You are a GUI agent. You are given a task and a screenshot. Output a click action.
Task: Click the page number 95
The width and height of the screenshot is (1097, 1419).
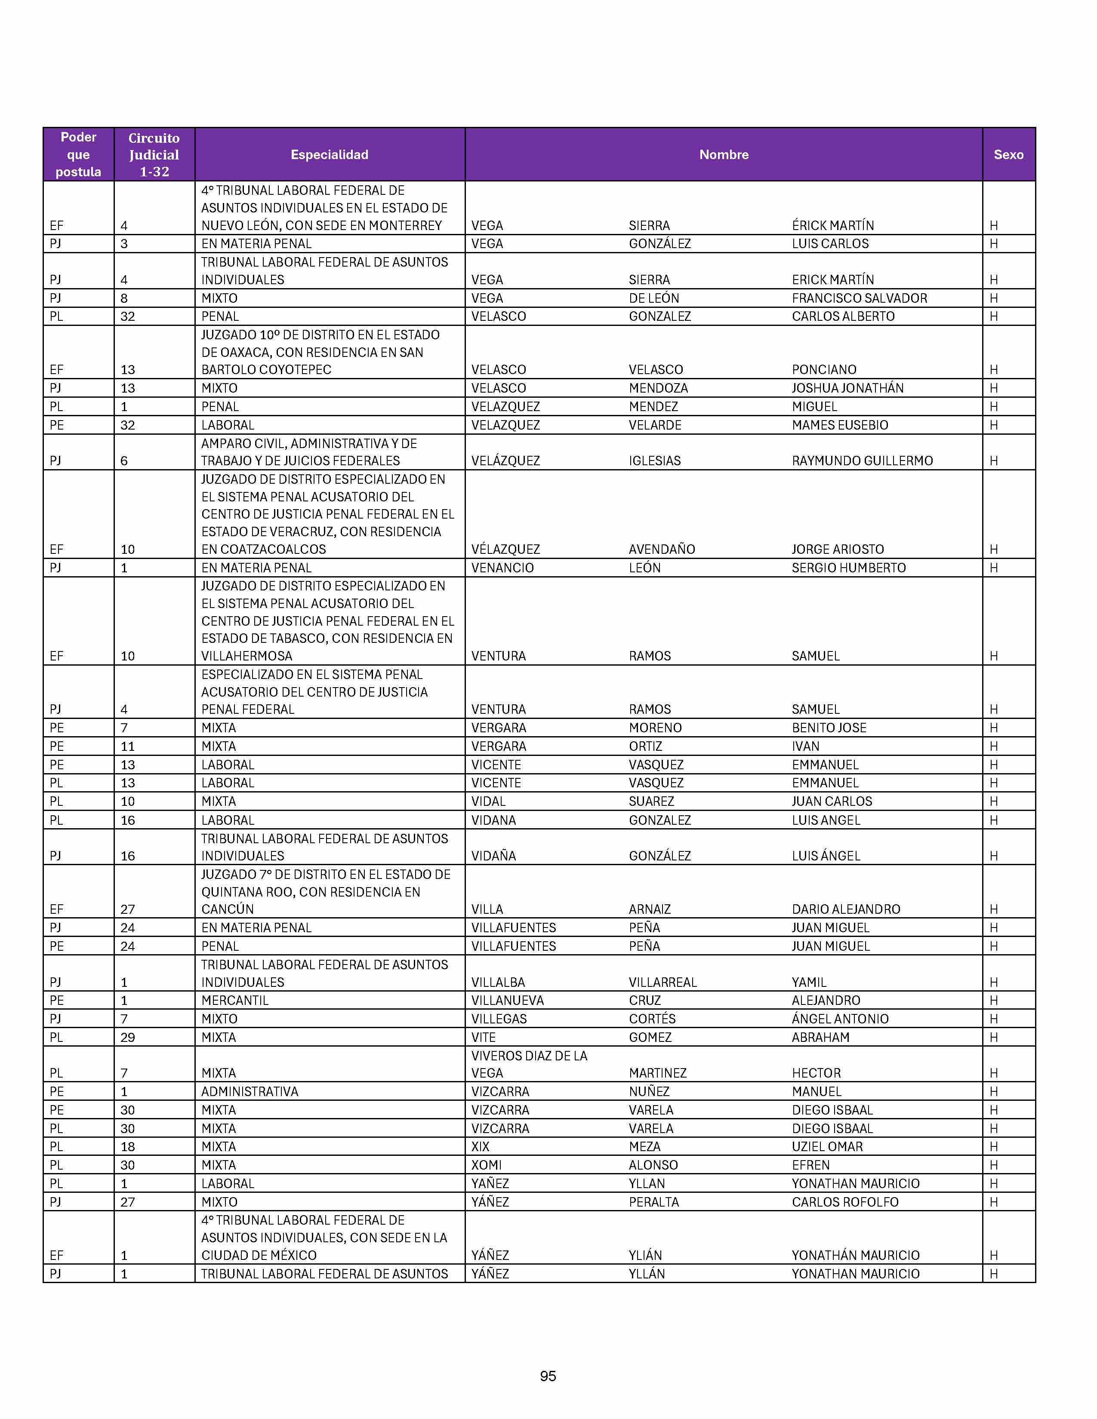pyautogui.click(x=548, y=1376)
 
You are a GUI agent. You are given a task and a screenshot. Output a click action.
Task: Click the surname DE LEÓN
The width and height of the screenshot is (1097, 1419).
pyautogui.click(x=654, y=298)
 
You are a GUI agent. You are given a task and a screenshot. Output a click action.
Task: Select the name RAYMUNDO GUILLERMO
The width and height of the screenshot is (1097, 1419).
pyautogui.click(x=862, y=461)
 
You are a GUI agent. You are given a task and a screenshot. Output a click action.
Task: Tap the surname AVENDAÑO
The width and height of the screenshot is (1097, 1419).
pyautogui.click(x=662, y=549)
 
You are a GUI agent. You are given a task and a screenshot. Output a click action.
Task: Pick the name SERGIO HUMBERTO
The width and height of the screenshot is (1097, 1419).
pyautogui.click(x=848, y=568)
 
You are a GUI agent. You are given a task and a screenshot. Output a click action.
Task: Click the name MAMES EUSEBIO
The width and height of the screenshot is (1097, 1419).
pyautogui.click(x=840, y=425)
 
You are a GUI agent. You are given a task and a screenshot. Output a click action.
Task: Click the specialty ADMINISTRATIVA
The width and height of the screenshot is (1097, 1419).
pyautogui.click(x=250, y=1091)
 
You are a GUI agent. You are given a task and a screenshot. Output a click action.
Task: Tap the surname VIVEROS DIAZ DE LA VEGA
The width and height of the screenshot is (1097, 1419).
pyautogui.click(x=529, y=1064)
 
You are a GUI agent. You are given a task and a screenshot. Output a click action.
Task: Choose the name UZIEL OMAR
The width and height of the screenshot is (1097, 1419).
pyautogui.click(x=827, y=1147)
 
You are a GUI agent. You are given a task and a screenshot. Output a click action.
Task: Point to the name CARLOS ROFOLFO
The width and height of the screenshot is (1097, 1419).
pyautogui.click(x=845, y=1202)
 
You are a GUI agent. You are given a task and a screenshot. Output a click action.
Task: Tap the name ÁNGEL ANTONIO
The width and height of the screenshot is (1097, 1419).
pyautogui.click(x=840, y=1019)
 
